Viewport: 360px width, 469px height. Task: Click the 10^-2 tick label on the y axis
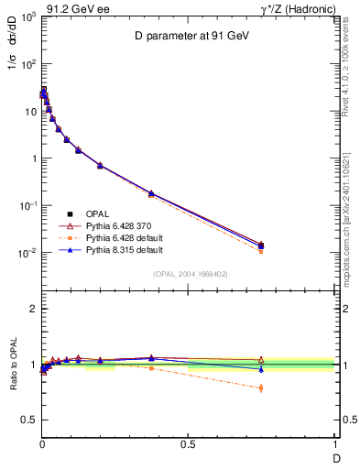click(26, 253)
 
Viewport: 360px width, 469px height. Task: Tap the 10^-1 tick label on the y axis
click(26, 206)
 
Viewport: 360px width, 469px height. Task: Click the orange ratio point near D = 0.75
click(261, 388)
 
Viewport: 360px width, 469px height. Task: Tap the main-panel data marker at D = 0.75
click(261, 245)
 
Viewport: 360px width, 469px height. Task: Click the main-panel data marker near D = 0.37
click(151, 193)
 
